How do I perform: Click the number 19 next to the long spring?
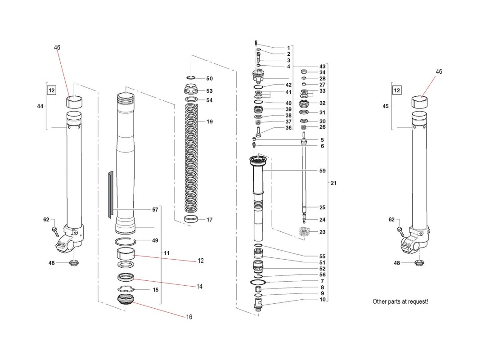(x=210, y=121)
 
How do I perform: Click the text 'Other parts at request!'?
(x=400, y=301)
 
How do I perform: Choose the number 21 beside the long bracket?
(x=333, y=183)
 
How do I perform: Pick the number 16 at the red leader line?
(x=189, y=317)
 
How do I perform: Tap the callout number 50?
(x=210, y=78)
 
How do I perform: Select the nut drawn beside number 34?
(x=303, y=72)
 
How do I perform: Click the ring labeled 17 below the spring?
(x=192, y=220)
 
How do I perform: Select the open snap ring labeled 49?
(x=127, y=241)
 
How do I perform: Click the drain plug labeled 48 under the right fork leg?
(x=419, y=263)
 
